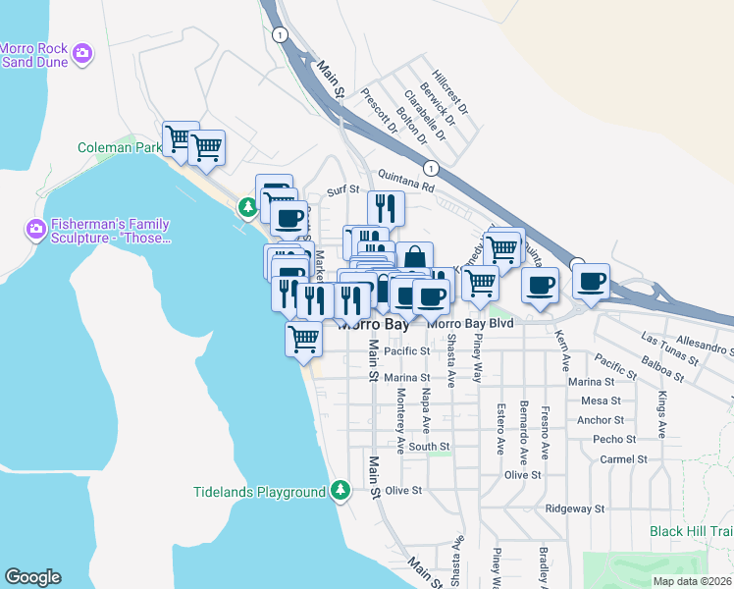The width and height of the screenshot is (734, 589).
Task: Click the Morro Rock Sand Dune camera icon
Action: [x=83, y=52]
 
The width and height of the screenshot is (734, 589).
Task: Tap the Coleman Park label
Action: [x=120, y=148]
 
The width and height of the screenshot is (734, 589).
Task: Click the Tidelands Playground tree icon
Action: [x=340, y=489]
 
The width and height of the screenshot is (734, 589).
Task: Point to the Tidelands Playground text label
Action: [x=259, y=491]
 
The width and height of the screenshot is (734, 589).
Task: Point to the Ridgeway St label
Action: [x=575, y=509]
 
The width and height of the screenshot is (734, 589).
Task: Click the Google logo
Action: [x=32, y=577]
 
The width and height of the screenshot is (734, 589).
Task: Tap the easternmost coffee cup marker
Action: [x=592, y=283]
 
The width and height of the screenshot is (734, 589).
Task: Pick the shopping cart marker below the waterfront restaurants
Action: [x=304, y=340]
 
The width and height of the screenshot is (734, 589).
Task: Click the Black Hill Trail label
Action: [x=691, y=531]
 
